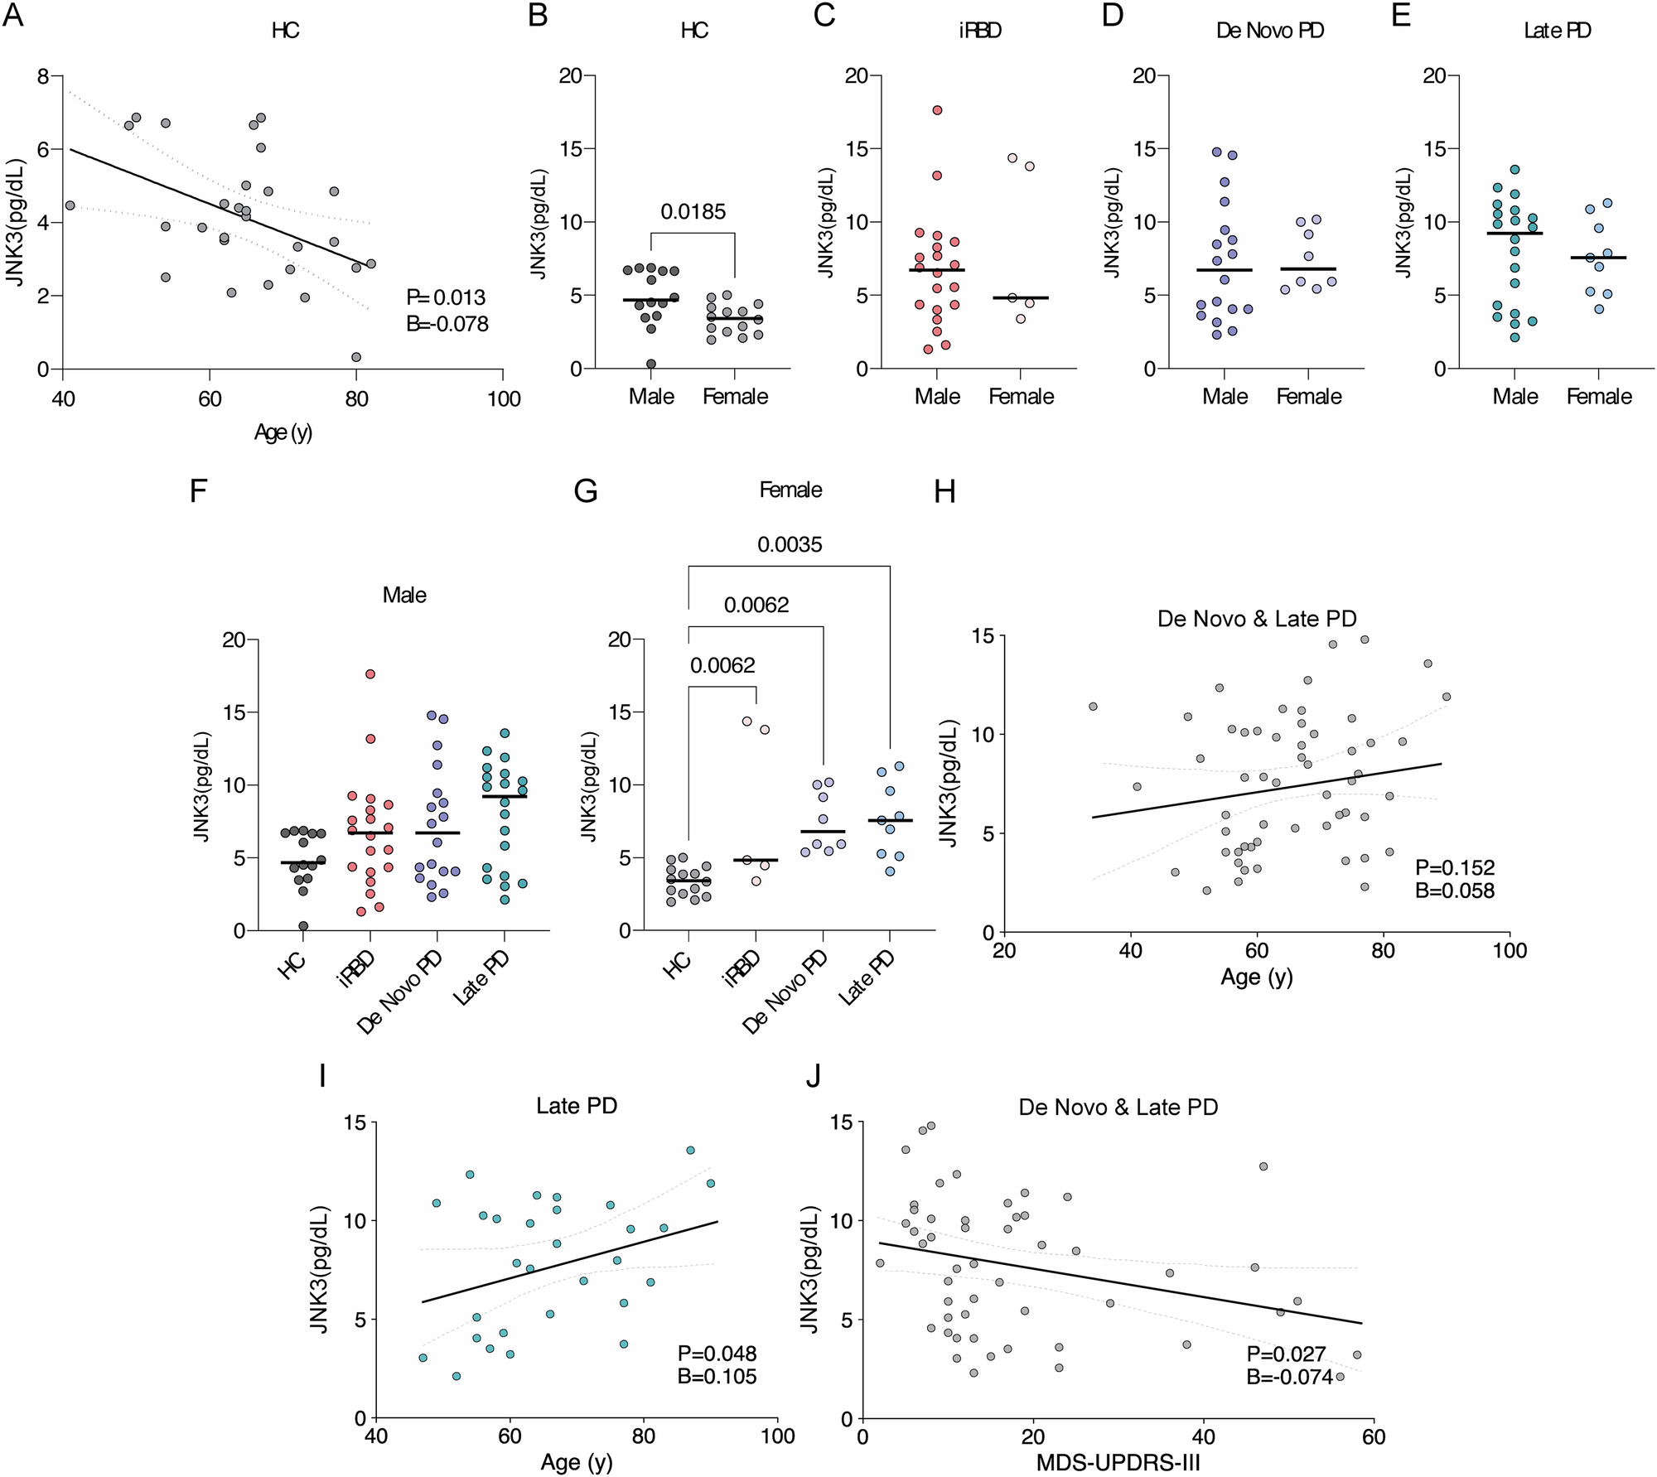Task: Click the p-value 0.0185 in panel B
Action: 693,212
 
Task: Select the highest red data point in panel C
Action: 937,110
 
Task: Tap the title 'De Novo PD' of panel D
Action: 1269,31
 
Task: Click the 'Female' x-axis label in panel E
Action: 1599,397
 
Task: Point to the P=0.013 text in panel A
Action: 446,297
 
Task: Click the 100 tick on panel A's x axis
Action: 503,399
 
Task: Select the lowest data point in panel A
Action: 356,357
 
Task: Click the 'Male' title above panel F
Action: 404,595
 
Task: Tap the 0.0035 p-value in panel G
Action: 790,544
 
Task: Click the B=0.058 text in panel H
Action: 1455,891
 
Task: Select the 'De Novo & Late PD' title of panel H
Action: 1257,619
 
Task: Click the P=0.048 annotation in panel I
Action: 717,1354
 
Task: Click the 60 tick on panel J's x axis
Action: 1373,1436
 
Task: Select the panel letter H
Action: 944,492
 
